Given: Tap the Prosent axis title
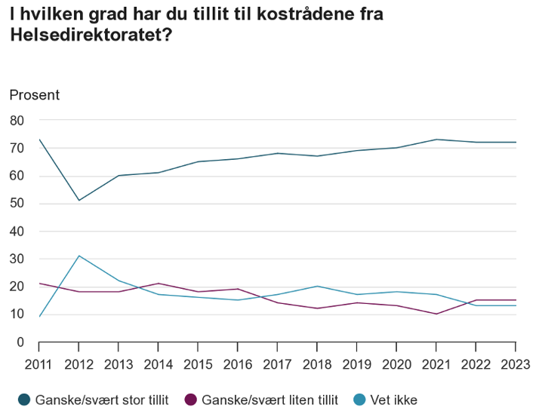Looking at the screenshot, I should coord(34,95).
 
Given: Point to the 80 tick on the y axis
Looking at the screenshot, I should coord(17,121).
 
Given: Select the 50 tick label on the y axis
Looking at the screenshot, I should coord(17,204).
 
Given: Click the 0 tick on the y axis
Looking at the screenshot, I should coord(21,342).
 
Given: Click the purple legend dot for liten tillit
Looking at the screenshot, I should coord(190,400).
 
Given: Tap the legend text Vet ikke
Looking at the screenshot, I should coord(393,400).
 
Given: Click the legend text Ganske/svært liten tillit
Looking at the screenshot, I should coord(269,400).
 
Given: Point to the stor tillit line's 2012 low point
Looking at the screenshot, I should coord(79,201).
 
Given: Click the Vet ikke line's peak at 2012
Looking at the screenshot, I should coord(79,256).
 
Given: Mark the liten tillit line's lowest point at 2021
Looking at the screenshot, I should coord(436,314).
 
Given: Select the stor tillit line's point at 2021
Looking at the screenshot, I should coord(436,140).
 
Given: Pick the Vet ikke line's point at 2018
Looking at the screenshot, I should coord(316,287).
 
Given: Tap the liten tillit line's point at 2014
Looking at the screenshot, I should coord(158,284).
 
